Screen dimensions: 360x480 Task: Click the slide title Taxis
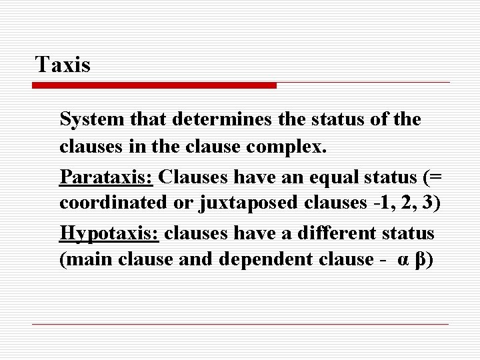click(x=63, y=65)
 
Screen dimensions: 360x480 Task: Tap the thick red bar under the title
click(x=155, y=85)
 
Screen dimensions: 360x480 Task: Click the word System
click(x=89, y=119)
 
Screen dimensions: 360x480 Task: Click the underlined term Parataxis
click(x=107, y=177)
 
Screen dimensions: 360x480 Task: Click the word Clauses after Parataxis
click(x=193, y=177)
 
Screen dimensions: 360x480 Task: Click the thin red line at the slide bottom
click(x=240, y=324)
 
